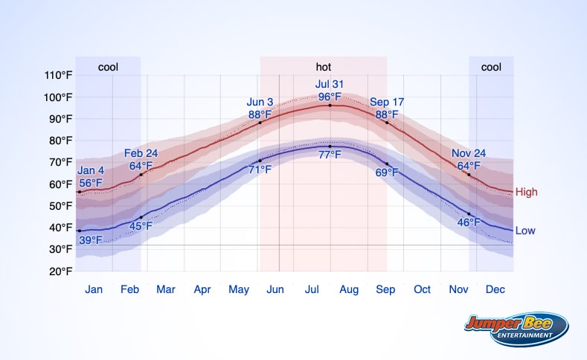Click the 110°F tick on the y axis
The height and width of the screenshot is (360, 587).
coord(58,75)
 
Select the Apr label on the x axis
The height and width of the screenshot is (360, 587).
coord(202,289)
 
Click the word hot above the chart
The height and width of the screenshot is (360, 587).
coord(324,67)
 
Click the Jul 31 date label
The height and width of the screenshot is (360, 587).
coord(330,84)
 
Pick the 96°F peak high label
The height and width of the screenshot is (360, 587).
coord(330,97)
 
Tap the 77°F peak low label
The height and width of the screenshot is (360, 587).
coord(330,155)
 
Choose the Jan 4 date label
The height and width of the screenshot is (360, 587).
coord(91,170)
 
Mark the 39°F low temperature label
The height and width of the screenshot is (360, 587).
coord(91,240)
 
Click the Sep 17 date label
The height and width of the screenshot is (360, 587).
coord(387,102)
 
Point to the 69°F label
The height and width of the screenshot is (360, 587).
coord(387,173)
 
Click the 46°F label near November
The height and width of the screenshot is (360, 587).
coord(469,222)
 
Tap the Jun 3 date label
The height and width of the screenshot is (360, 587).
coord(260,102)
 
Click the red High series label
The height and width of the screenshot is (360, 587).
coord(526,192)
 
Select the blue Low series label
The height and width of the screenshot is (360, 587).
coord(525,231)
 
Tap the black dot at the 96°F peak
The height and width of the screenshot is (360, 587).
coord(330,106)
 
